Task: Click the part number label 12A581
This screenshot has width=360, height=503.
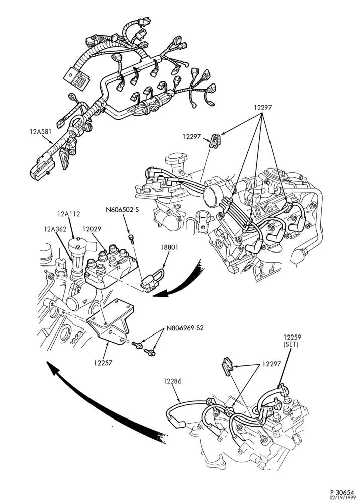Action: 40,131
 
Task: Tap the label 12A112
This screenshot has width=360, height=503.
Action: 69,214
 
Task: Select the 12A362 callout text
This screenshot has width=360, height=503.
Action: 55,229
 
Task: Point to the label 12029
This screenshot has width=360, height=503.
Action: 92,229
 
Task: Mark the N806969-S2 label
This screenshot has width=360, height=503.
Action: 185,328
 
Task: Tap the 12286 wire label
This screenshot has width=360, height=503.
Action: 172,381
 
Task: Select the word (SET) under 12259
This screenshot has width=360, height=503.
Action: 291,345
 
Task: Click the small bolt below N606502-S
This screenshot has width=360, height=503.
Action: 131,239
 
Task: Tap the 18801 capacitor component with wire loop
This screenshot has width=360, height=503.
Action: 152,281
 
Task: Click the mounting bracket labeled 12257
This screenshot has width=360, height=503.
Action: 111,322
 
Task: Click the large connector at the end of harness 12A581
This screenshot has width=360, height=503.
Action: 42,168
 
